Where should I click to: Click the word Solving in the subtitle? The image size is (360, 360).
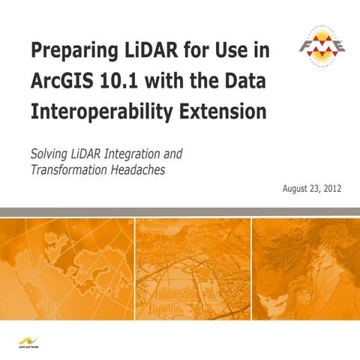point(49,154)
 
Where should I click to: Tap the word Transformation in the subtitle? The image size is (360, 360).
point(67,170)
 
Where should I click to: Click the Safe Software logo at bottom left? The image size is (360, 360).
point(30,341)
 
